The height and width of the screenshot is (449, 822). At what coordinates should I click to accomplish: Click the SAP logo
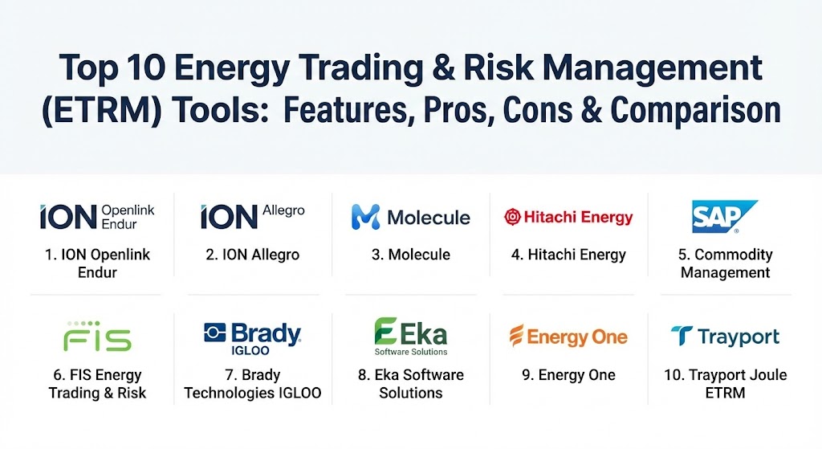coord(724,216)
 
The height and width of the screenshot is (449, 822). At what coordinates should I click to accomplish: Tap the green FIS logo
coord(97,337)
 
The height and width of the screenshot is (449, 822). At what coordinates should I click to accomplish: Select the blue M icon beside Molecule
coord(365,217)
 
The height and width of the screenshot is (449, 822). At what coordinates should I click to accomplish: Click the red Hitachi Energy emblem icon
coord(512,217)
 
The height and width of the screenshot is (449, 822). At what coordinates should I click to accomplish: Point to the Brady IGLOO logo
coord(253,339)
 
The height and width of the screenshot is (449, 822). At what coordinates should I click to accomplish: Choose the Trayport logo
coord(725,337)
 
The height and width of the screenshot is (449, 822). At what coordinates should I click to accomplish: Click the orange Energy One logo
coord(568,337)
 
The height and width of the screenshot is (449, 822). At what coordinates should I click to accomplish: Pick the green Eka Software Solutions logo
coord(411,337)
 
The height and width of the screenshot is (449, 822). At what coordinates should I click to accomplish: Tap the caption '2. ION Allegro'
coord(253,255)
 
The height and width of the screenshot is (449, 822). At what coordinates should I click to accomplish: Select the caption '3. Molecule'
coord(411,255)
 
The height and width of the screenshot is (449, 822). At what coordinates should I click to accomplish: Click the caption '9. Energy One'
coord(569,375)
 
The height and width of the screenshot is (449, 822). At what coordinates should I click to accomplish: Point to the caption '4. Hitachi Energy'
coord(569,255)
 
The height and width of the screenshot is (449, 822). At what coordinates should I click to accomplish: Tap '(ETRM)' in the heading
coord(101,111)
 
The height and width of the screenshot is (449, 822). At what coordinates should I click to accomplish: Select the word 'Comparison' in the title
coord(696,111)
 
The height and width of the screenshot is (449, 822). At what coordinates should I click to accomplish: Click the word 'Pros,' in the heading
coord(458,111)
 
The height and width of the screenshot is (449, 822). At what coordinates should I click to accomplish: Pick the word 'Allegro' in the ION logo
coord(283,210)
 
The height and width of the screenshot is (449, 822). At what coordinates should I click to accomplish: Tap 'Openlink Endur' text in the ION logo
coord(128,217)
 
